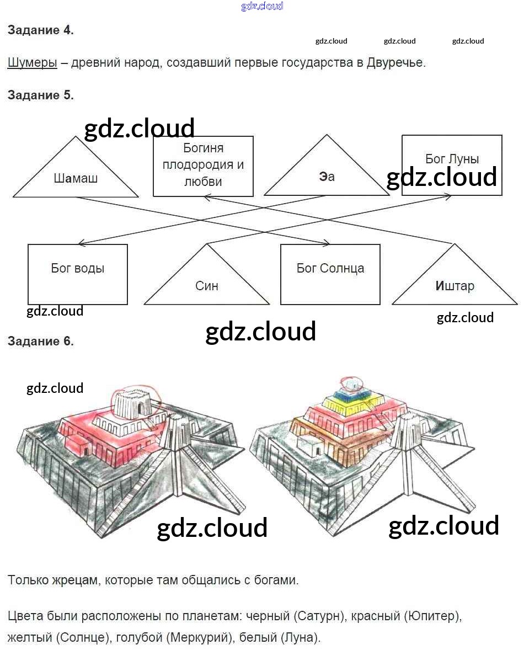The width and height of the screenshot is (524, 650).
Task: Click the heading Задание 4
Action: pos(40,30)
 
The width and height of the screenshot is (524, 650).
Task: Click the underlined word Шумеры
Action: pos(32,62)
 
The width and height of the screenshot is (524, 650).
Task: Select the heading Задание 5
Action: pos(40,95)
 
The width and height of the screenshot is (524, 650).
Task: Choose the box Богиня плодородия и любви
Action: pos(203,166)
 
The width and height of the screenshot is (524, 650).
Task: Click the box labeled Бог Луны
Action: pos(452,159)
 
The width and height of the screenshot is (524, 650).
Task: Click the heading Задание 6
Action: pos(40,341)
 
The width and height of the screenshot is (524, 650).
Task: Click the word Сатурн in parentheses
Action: pos(311,615)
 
